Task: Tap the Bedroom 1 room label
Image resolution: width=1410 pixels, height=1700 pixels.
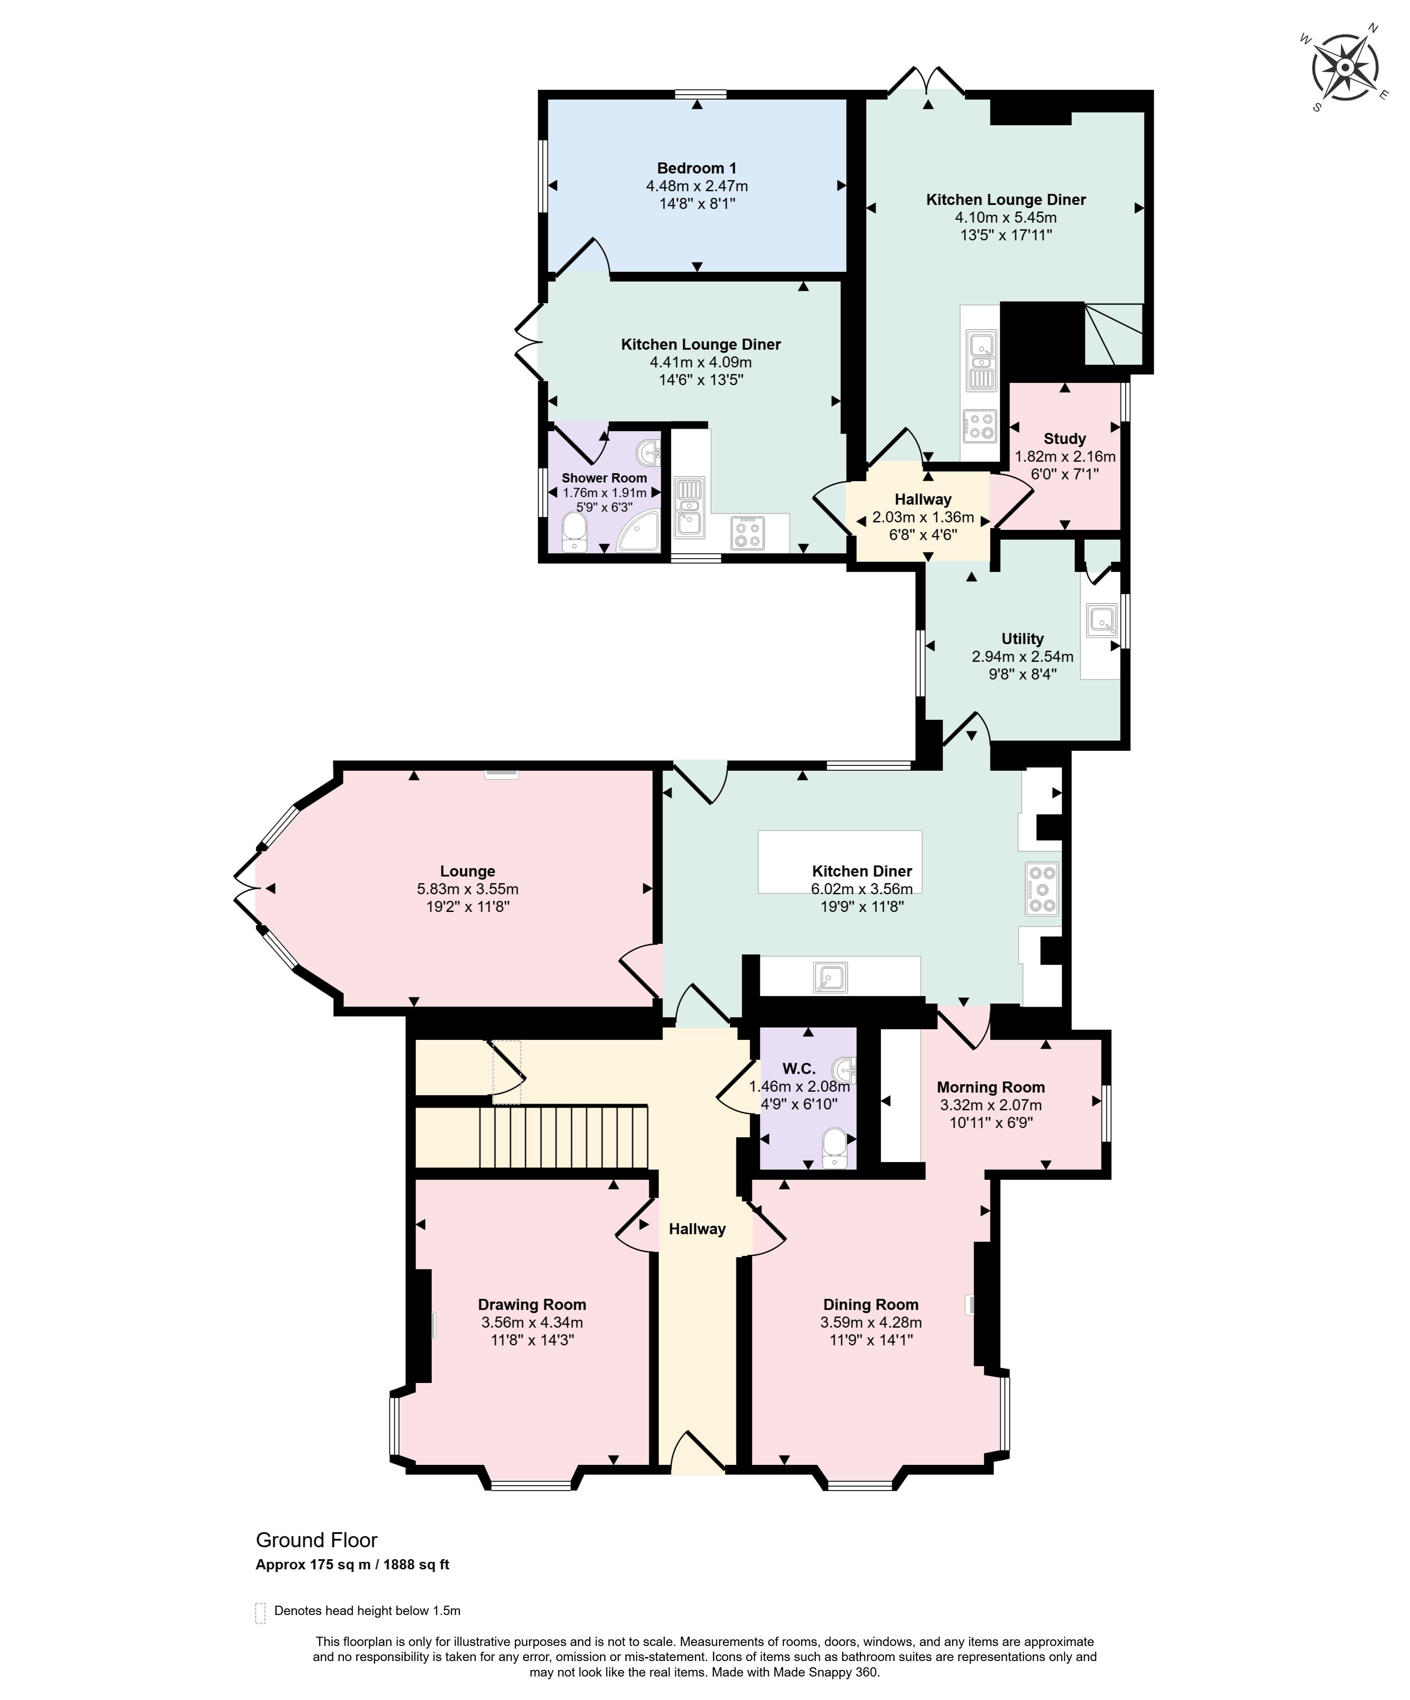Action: point(696,168)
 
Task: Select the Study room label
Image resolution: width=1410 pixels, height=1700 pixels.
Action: point(1064,439)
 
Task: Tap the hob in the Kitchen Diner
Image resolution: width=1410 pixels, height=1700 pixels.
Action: point(1042,889)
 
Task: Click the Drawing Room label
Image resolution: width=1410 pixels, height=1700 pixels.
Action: point(532,1304)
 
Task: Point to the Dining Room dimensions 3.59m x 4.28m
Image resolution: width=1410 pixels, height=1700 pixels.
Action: point(871,1322)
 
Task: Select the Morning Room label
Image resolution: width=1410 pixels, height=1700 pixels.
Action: point(991,1087)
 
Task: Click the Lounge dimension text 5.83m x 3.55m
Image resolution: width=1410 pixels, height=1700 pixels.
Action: point(468,889)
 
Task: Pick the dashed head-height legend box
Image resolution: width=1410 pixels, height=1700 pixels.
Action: point(261,1613)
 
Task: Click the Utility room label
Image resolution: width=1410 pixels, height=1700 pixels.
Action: point(1022,639)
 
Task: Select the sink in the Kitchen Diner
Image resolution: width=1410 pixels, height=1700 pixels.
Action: point(830,978)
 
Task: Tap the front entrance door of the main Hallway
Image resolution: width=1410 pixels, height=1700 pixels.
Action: point(698,1454)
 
